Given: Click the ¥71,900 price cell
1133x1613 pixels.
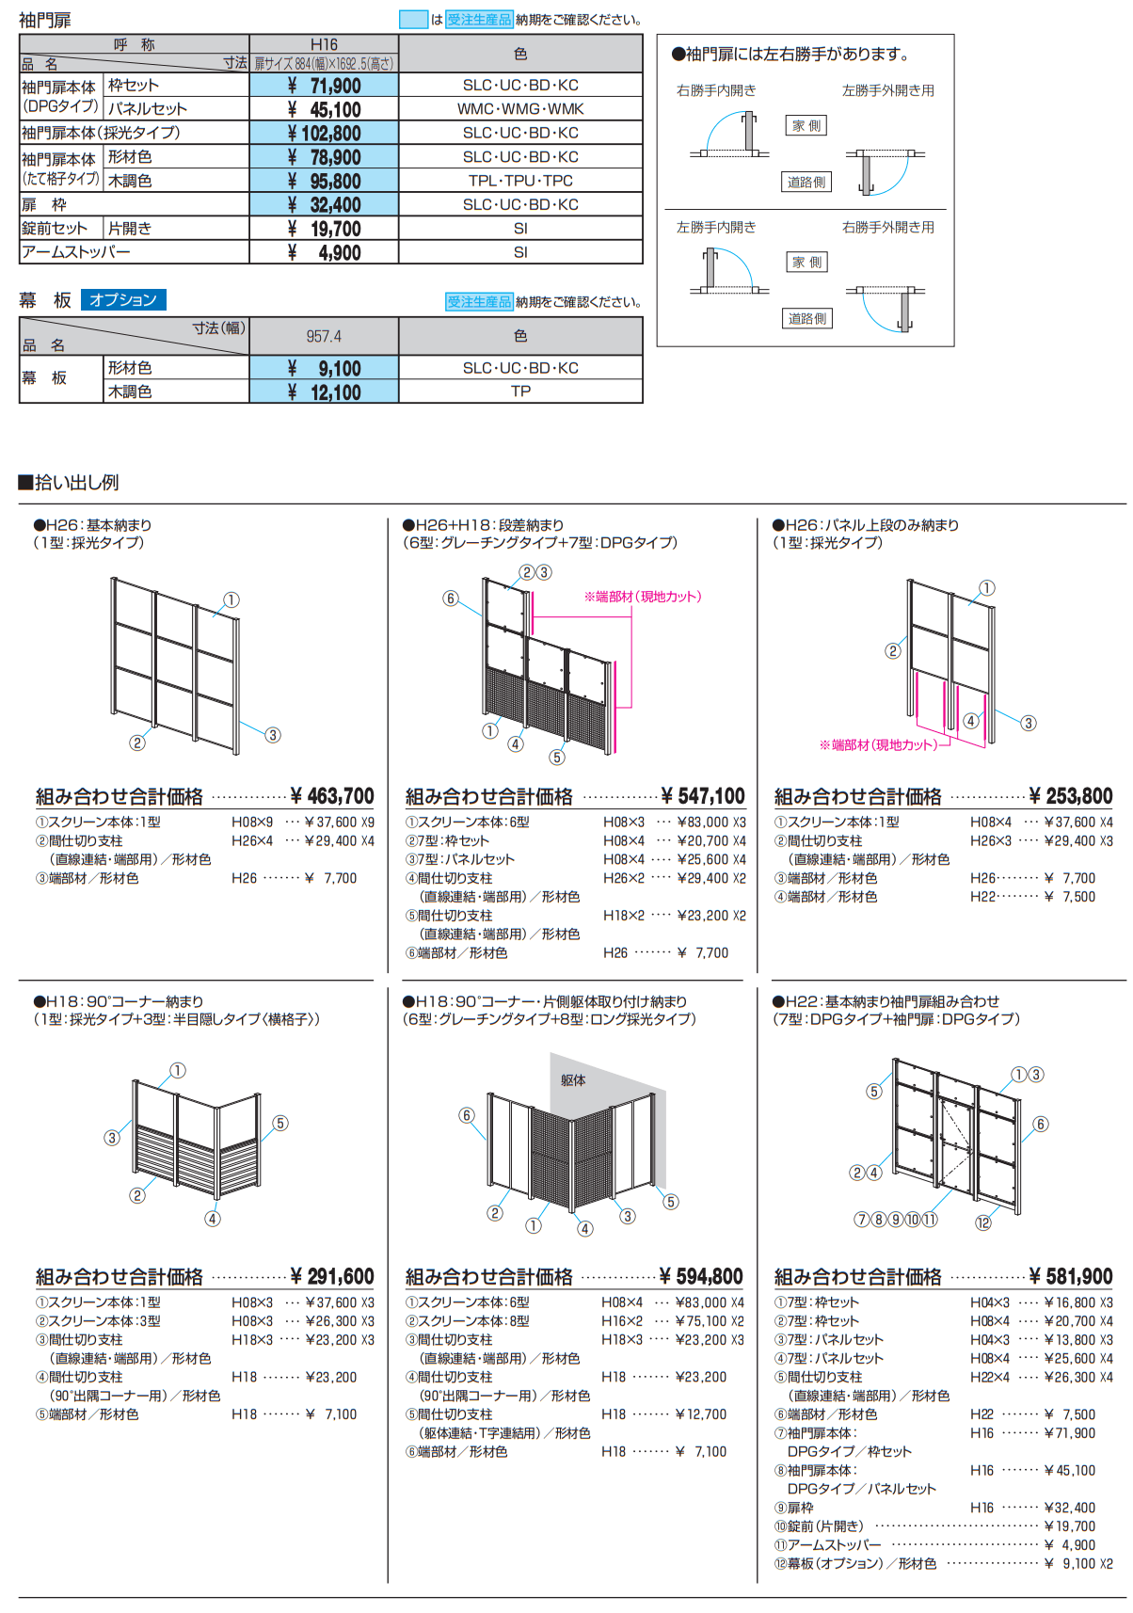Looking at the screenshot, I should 324,86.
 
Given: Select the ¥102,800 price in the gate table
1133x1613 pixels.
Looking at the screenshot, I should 324,134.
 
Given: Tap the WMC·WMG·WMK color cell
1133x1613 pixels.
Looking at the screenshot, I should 520,109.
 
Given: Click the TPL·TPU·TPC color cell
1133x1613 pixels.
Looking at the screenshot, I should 520,181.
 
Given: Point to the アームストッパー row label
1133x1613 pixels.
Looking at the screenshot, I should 76,252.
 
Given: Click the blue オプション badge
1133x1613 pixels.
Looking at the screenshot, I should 123,300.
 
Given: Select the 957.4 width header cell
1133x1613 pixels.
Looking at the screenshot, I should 324,336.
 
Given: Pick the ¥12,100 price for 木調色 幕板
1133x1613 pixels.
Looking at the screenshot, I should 324,392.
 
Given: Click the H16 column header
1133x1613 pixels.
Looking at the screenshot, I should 324,44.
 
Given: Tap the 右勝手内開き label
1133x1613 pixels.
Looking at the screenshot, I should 716,90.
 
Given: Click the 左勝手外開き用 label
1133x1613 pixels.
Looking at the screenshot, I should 887,90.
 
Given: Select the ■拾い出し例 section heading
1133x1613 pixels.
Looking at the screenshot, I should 69,483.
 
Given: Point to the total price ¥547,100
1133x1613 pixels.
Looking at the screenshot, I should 703,796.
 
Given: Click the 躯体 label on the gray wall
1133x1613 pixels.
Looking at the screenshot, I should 573,1080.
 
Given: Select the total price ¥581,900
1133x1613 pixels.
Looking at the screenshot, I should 1071,1276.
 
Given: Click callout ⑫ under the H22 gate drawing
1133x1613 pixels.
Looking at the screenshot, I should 982,1222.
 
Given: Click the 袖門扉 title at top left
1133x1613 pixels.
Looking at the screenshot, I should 44,20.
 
